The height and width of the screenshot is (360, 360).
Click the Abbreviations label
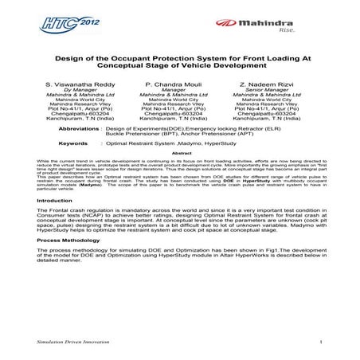point(80,127)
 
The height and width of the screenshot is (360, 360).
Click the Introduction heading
point(55,202)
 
